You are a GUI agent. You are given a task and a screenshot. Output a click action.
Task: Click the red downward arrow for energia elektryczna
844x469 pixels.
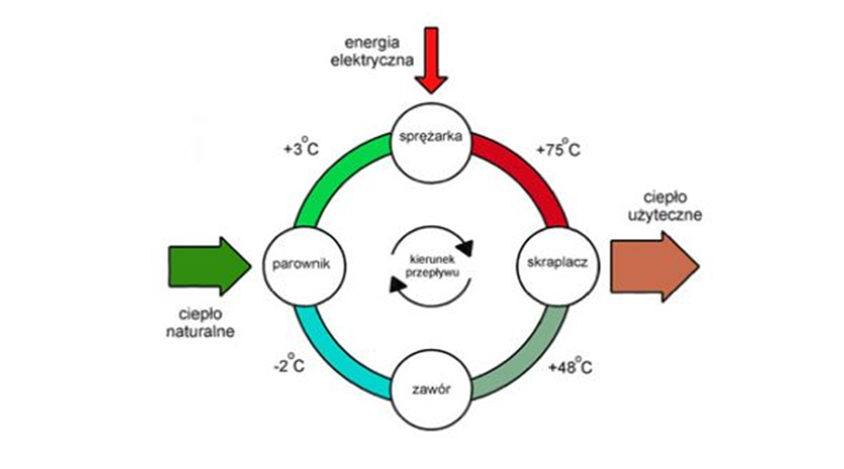pyautogui.click(x=431, y=60)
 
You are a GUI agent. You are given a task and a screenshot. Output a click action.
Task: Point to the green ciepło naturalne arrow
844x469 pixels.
pyautogui.click(x=209, y=266)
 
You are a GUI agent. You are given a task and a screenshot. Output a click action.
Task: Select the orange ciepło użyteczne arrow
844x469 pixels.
pyautogui.click(x=654, y=266)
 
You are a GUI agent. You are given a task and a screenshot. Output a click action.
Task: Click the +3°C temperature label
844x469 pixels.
pyautogui.click(x=301, y=147)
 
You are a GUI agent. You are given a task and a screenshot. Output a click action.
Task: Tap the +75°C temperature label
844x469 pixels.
pyautogui.click(x=558, y=148)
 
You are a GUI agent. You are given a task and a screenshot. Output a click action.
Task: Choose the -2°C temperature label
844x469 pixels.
pyautogui.click(x=289, y=365)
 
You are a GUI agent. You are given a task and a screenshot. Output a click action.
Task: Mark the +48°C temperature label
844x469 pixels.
pyautogui.click(x=570, y=366)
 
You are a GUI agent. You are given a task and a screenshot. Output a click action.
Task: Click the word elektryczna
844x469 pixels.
pyautogui.click(x=372, y=60)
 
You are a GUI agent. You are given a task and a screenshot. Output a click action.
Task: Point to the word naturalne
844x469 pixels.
pyautogui.click(x=200, y=331)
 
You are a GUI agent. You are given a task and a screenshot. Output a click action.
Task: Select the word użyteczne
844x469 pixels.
pyautogui.click(x=665, y=214)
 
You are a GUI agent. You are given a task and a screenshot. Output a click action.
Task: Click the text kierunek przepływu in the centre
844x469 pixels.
pyautogui.click(x=432, y=266)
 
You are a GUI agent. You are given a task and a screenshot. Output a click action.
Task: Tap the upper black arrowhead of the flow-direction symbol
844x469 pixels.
pyautogui.click(x=465, y=248)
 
